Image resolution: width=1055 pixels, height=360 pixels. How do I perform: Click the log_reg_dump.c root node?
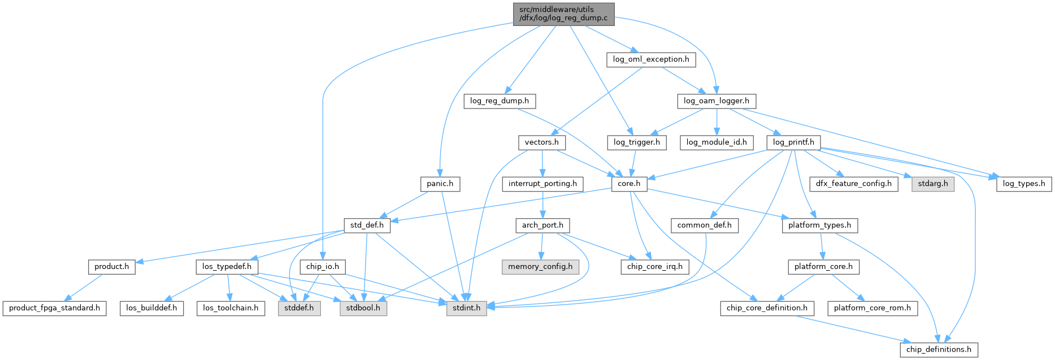[x=563, y=14]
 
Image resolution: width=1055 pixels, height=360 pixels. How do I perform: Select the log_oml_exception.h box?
[x=651, y=59]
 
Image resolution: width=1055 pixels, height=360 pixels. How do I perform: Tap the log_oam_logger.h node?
[x=716, y=101]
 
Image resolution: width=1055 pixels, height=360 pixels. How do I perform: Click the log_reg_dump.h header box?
[x=500, y=101]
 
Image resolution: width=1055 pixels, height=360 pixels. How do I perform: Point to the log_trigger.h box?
[x=637, y=142]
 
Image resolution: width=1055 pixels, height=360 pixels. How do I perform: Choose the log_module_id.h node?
[x=716, y=142]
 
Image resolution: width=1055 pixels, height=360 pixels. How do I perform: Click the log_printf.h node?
[x=793, y=142]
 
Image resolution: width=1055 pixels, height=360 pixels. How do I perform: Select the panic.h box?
[x=440, y=184]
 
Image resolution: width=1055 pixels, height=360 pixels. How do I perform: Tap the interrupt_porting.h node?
[x=542, y=184]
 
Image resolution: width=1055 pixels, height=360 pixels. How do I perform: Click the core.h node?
[x=629, y=184]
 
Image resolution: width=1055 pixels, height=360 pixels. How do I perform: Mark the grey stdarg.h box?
[x=932, y=184]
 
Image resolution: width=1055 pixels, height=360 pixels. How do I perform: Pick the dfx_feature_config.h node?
[x=853, y=184]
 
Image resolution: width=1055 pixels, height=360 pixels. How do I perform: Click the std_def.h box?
[x=367, y=225]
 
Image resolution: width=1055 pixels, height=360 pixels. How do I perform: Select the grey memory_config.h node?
[x=540, y=267]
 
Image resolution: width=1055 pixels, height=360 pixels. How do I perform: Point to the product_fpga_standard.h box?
[x=54, y=308]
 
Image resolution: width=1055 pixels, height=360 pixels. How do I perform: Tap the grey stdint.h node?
[x=466, y=308]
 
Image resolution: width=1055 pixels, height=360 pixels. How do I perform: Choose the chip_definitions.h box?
[x=939, y=349]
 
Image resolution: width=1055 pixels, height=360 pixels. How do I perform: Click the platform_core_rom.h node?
[x=872, y=308]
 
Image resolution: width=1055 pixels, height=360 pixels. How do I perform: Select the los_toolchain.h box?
[x=231, y=308]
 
